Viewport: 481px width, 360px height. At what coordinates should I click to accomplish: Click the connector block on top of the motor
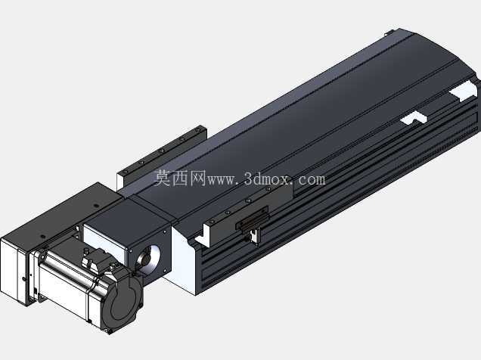click(x=95, y=259)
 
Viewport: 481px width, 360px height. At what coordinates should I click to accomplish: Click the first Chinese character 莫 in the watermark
click(x=162, y=178)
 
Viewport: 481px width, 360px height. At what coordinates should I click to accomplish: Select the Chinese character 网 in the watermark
click(x=197, y=178)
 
